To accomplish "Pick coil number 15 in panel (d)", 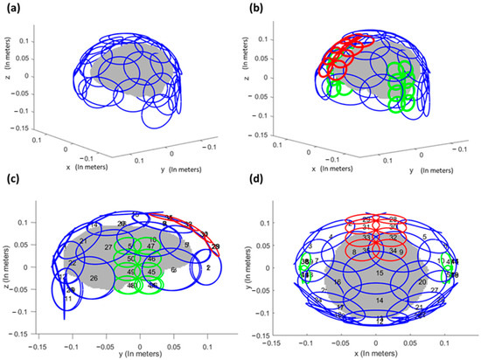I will pos(379,273).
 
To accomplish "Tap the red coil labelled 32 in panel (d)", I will pos(394,237).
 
